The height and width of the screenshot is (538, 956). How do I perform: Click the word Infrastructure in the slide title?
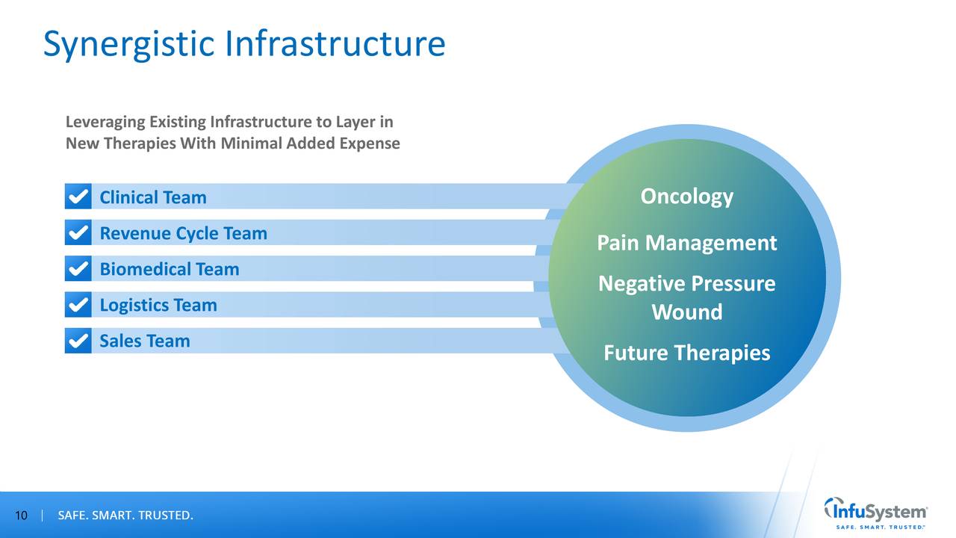334,44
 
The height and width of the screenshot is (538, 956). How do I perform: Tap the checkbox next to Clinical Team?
78,197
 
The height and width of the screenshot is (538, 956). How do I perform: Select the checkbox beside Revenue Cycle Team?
78,233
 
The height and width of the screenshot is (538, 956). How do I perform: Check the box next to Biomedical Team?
78,269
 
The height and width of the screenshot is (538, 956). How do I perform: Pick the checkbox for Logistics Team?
78,305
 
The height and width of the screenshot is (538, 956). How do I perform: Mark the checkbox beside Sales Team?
78,341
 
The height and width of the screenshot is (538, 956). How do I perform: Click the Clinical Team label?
153,197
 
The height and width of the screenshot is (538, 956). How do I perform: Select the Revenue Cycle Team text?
183,233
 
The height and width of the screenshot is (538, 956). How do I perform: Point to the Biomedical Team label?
170,269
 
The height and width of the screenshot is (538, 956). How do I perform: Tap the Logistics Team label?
158,305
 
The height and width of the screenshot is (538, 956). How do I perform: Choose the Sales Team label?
145,341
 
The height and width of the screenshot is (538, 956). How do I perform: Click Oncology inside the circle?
686,197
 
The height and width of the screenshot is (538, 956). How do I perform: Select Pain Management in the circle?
686,243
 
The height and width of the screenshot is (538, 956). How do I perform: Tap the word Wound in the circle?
686,312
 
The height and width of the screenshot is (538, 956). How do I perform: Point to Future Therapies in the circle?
686,353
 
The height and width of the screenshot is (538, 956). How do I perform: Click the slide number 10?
21,516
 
